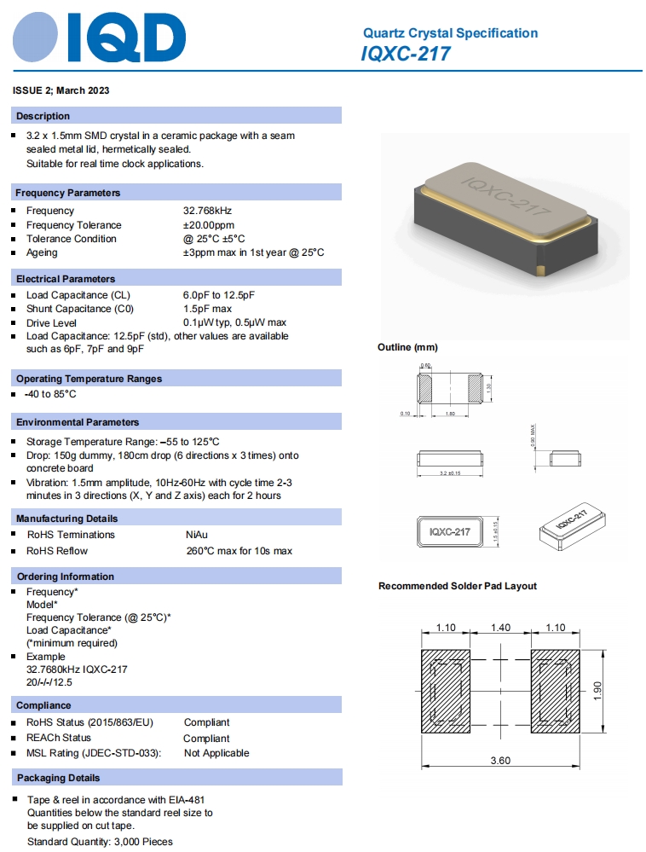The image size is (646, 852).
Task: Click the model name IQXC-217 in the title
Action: pos(406,54)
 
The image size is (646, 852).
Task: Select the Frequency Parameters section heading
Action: pos(67,193)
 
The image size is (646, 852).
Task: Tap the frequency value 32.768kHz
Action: pos(207,211)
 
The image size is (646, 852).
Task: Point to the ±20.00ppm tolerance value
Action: pos(211,225)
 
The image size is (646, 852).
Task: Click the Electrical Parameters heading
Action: pos(65,279)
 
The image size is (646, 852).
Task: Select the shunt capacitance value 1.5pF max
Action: pos(207,309)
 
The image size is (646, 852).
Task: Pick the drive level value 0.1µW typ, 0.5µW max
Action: pos(234,322)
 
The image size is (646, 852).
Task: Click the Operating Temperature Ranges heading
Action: pos(89,379)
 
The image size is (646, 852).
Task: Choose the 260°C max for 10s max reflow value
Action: pos(239,551)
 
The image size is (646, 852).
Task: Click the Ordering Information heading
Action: pos(65,577)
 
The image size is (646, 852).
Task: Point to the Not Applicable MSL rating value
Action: pos(216,753)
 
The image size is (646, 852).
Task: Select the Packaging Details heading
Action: pos(58,778)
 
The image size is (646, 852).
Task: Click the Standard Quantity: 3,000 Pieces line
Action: pos(100,842)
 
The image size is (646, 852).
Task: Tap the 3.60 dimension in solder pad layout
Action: pos(500,761)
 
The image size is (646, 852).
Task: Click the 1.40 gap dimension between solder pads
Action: pos(500,628)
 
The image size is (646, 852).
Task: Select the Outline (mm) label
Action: pos(407,347)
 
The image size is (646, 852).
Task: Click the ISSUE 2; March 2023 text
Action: pos(61,90)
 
